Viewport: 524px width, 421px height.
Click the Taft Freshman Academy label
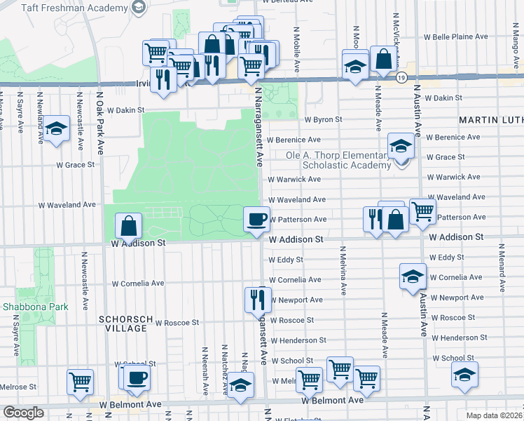pyautogui.click(x=64, y=8)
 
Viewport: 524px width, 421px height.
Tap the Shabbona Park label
pyautogui.click(x=25, y=307)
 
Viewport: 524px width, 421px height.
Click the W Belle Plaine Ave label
pyautogui.click(x=455, y=36)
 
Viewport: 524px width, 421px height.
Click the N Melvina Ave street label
pyautogui.click(x=343, y=269)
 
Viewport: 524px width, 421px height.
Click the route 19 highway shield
pyautogui.click(x=400, y=77)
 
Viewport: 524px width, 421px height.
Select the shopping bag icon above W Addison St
pyautogui.click(x=128, y=225)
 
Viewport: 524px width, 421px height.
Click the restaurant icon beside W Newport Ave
pyautogui.click(x=256, y=299)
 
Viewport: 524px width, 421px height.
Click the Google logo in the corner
pyautogui.click(x=23, y=413)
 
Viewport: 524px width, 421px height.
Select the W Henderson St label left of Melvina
pyautogui.click(x=298, y=340)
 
